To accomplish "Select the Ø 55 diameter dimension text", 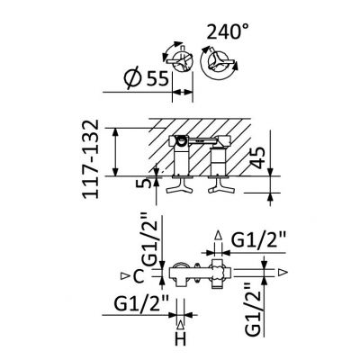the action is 147,78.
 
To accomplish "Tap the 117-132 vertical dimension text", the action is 90,158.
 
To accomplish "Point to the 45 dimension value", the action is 257,158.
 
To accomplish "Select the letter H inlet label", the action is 181,339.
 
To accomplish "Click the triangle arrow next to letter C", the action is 123,275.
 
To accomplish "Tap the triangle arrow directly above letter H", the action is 180,325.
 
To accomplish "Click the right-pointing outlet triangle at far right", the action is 283,273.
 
